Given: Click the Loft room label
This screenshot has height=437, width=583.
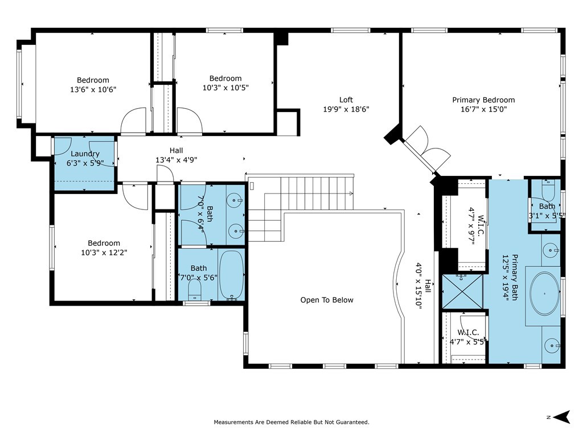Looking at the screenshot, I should coord(346,100).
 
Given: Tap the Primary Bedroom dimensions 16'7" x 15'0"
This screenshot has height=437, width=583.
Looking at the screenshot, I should coord(483,109).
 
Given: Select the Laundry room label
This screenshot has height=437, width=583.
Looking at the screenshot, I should coord(85,154).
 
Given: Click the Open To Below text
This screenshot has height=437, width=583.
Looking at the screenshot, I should coord(327,300).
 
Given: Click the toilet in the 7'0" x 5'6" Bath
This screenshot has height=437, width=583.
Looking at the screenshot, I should coord(195,291).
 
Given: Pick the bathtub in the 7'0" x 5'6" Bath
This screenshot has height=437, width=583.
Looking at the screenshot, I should coord(231,274).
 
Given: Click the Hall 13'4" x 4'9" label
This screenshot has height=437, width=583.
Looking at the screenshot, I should coord(176,155).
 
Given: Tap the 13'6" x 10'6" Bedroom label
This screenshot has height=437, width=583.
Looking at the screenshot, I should coord(93,85).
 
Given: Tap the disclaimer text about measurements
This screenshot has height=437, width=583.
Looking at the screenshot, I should coord(291,422).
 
